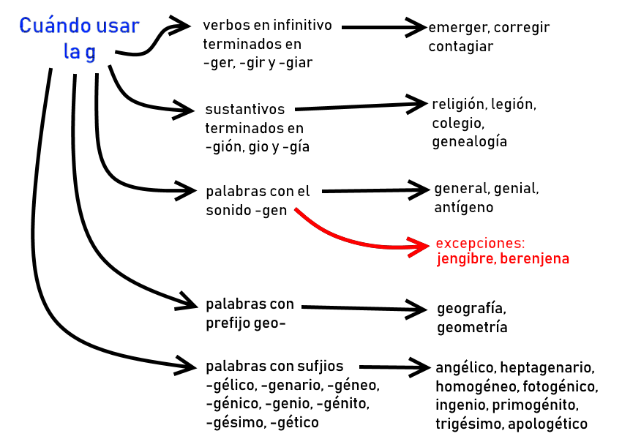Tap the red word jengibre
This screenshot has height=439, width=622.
tap(466, 259)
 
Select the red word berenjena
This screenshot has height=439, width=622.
tap(535, 259)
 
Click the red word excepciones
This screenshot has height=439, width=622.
tap(479, 243)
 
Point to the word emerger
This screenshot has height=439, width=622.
tap(458, 28)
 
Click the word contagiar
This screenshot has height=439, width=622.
tap(461, 46)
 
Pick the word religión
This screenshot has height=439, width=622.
tap(459, 104)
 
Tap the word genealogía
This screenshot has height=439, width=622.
tap(469, 141)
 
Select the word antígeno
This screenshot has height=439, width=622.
tap(464, 207)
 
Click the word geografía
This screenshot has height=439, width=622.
tap(471, 308)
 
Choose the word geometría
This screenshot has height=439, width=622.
tap(472, 327)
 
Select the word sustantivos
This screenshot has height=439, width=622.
tap(244, 110)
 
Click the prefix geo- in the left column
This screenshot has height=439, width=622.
tap(268, 323)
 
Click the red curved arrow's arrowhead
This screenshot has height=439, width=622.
tap(423, 246)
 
